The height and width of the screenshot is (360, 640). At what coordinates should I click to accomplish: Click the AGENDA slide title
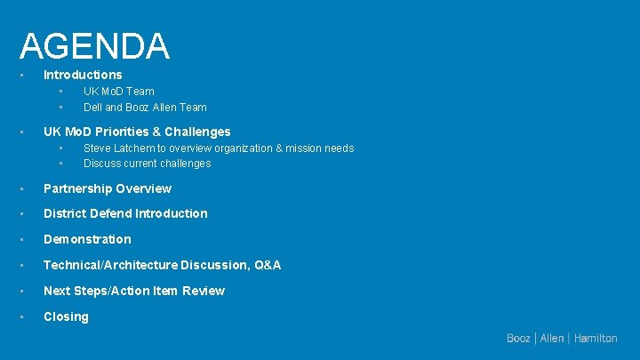[94, 46]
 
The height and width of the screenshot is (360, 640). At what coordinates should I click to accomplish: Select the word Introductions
[83, 75]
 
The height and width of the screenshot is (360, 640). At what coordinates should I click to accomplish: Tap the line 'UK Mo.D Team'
[118, 91]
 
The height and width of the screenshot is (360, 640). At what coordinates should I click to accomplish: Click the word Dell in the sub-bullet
[92, 107]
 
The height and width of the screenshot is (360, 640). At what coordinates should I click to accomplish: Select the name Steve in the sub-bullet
[98, 148]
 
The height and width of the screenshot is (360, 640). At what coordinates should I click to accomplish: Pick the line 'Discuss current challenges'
[147, 164]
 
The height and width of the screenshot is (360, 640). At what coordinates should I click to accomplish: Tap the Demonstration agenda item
[87, 239]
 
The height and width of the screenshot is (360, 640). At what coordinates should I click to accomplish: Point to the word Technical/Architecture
[110, 265]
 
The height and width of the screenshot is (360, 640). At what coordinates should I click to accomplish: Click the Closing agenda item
[66, 316]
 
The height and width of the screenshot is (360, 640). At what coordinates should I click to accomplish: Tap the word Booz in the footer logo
[518, 339]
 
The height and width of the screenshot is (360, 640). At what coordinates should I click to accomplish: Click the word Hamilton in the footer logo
[596, 339]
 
